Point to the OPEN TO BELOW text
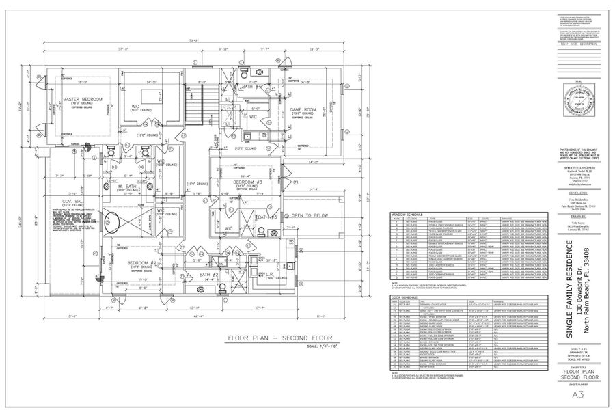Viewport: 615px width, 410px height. (x=310, y=215)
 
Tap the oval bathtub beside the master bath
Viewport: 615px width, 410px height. (x=110, y=221)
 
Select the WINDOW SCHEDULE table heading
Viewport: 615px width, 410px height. (x=407, y=214)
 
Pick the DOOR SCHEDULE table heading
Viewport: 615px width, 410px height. (x=405, y=298)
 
